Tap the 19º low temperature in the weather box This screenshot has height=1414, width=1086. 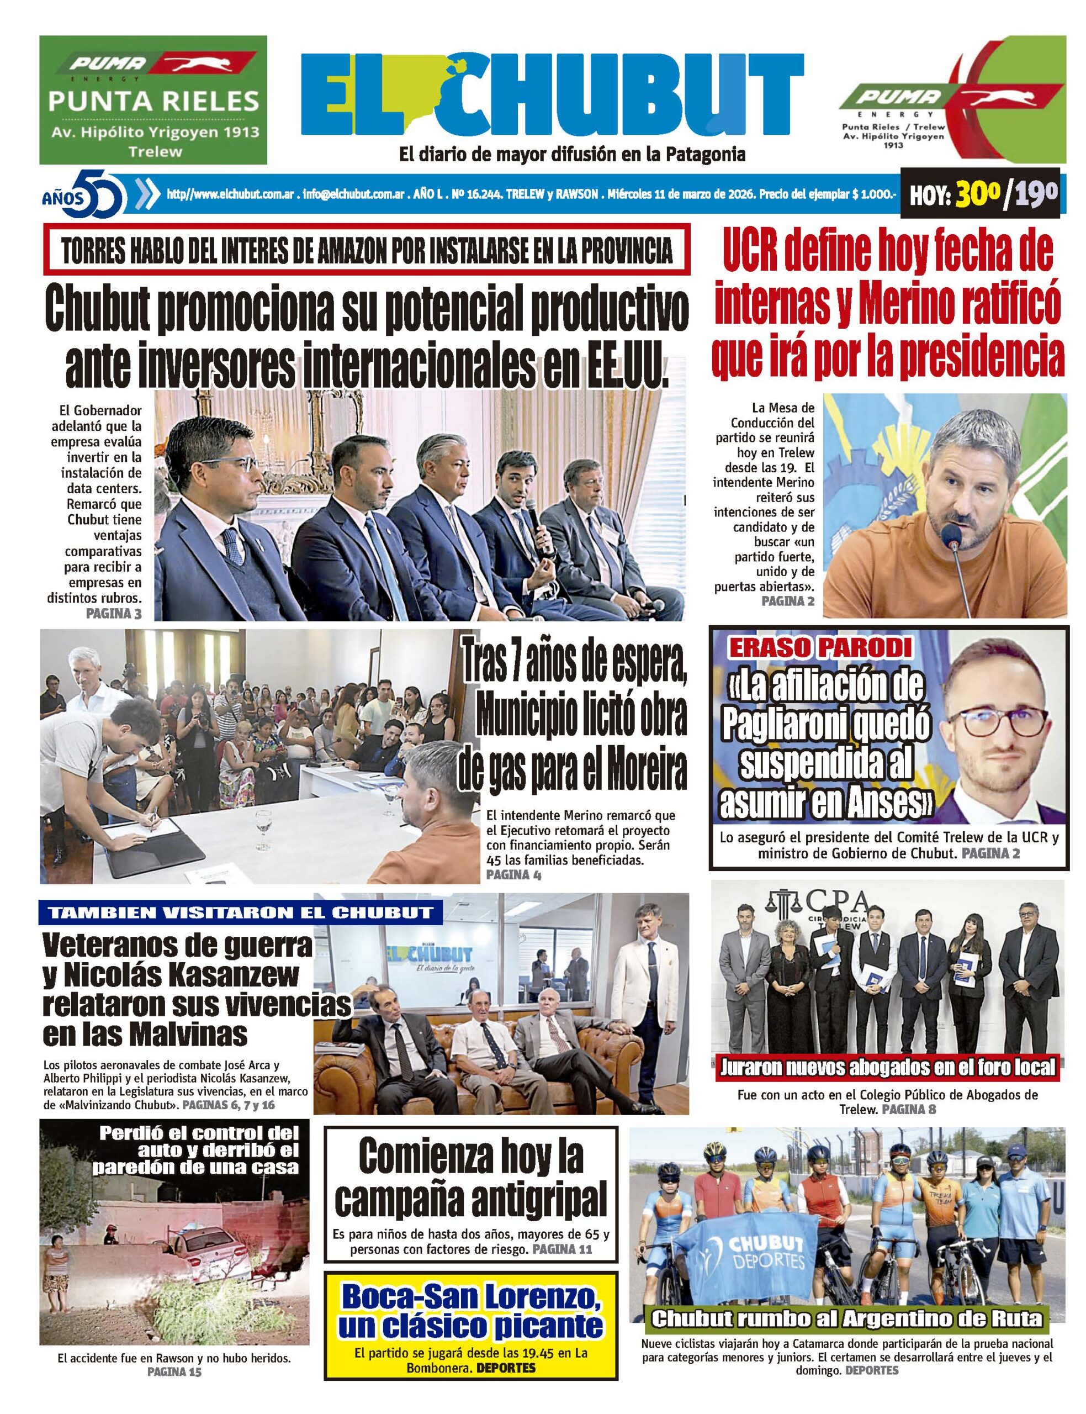point(1036,194)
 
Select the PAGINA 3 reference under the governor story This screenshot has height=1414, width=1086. point(113,614)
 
